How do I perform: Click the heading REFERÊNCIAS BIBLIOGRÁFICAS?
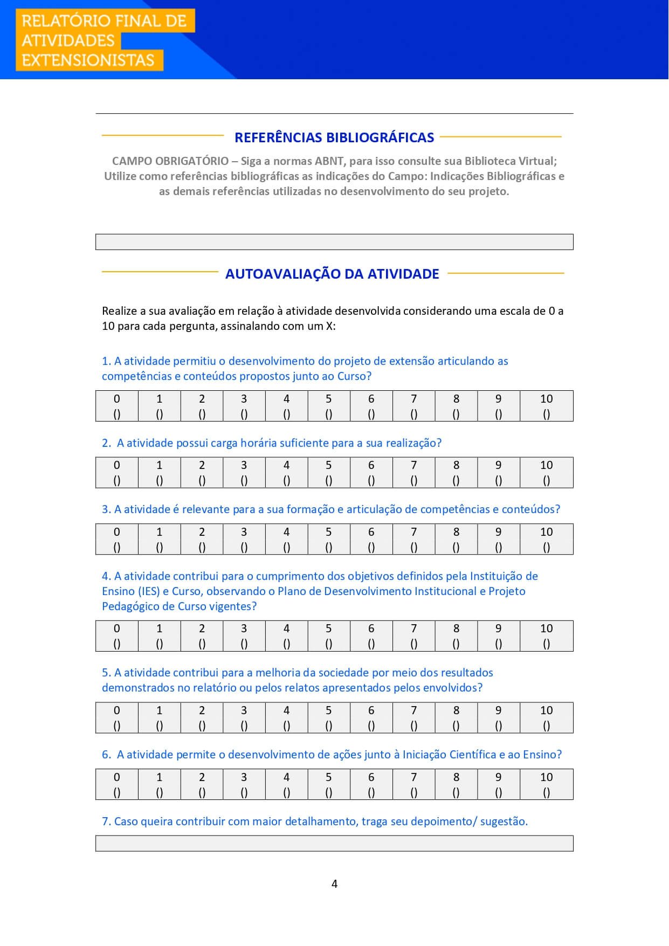click(334, 137)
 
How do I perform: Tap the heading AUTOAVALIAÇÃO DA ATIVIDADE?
click(332, 274)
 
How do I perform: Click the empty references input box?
click(334, 242)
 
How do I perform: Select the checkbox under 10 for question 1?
click(546, 415)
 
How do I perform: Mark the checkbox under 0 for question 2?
click(117, 481)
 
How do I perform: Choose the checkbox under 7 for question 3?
click(413, 548)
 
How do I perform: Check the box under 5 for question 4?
click(329, 644)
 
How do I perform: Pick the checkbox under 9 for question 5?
click(498, 726)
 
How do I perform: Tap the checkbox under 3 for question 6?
click(244, 793)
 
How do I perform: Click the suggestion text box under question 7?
click(334, 844)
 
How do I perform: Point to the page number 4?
click(334, 884)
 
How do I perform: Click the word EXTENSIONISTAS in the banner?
click(88, 60)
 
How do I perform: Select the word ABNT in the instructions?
click(330, 161)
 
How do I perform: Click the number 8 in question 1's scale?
click(456, 399)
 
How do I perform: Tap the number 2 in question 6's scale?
click(202, 777)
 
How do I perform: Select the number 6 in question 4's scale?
click(371, 629)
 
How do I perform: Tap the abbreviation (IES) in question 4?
click(148, 591)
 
